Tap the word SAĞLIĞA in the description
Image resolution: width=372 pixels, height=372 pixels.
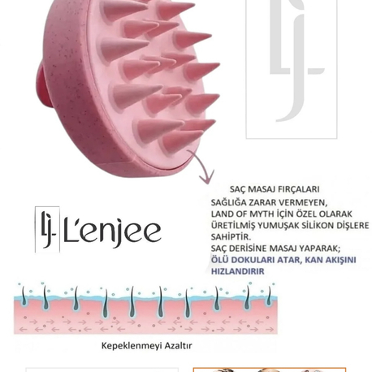228,202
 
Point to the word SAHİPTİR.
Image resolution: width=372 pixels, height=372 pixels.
231,236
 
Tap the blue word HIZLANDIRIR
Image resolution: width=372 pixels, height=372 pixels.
238,271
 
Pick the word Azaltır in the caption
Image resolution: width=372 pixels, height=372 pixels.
177,345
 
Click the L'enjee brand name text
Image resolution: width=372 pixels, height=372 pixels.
112,233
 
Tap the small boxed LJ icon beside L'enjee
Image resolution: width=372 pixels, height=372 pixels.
47,229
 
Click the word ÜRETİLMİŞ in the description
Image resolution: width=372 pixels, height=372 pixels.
232,225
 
